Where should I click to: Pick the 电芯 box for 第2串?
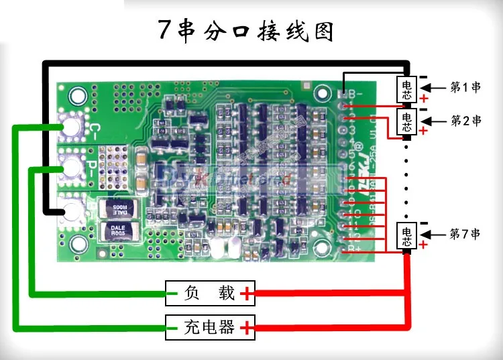[407, 121]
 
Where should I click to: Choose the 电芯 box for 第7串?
[407, 234]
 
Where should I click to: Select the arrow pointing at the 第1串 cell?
[435, 87]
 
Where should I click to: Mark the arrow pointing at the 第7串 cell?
[435, 234]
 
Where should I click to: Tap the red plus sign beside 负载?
[249, 293]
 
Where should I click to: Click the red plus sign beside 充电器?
[249, 328]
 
